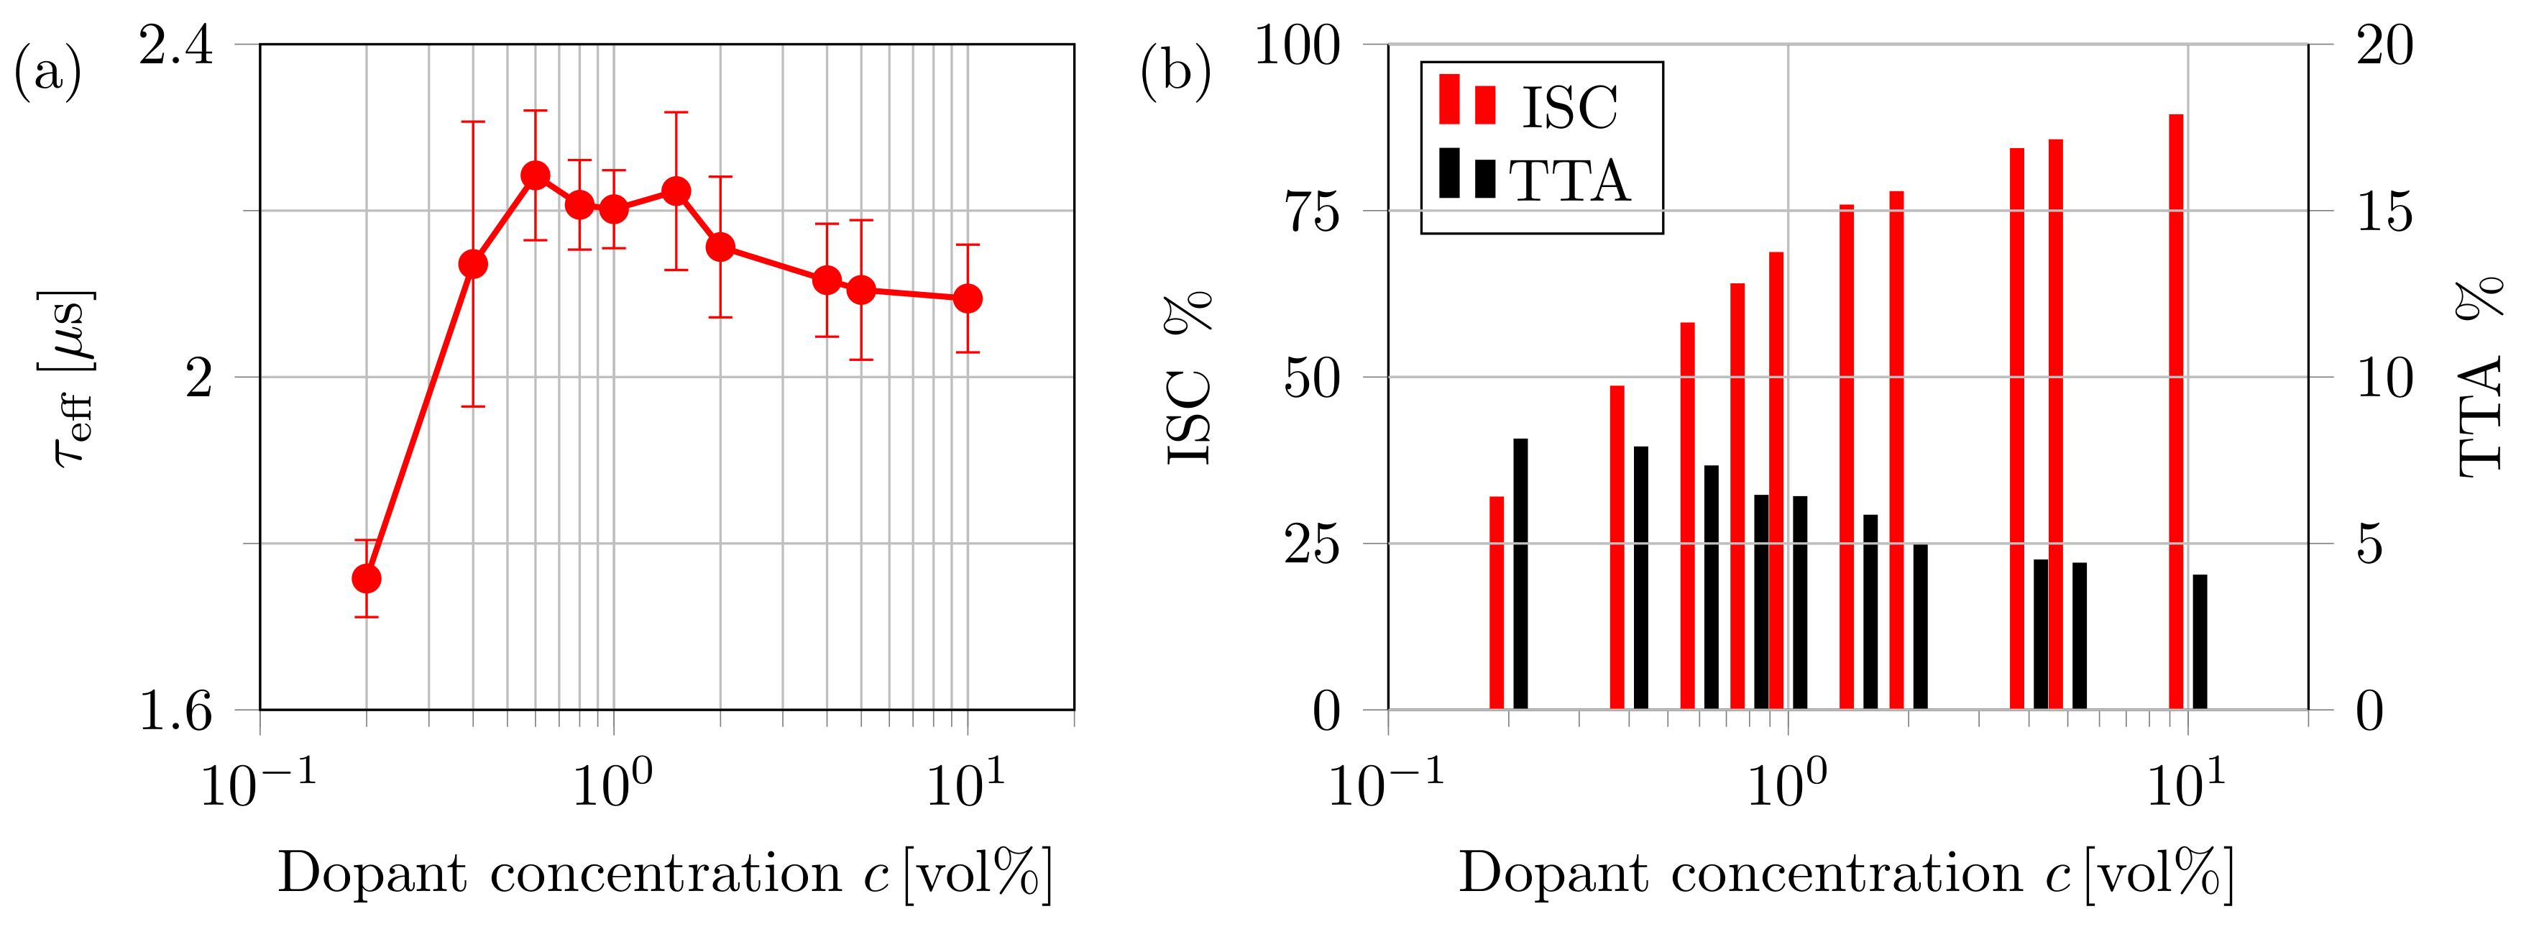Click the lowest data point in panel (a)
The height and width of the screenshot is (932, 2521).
[366, 579]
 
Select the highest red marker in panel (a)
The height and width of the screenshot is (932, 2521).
[534, 175]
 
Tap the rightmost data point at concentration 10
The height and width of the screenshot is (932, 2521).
[967, 298]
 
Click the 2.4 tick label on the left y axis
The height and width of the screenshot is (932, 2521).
[175, 46]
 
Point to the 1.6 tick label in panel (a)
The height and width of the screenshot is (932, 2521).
[175, 710]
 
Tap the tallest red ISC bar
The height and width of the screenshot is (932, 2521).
[2175, 411]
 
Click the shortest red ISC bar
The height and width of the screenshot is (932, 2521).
[1497, 602]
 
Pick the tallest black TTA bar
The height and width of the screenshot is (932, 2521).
[1520, 572]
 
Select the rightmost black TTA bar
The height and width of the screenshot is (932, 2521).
[2200, 641]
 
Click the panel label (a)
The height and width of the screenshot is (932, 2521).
[47, 71]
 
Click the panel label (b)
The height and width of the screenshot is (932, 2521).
[1175, 71]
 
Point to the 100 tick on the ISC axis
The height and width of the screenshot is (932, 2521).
[1298, 46]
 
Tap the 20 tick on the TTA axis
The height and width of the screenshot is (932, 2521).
[2384, 46]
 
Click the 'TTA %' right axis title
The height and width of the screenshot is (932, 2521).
[2481, 377]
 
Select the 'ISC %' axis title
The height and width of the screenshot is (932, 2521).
[1188, 377]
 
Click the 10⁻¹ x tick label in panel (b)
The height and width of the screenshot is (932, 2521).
[1385, 783]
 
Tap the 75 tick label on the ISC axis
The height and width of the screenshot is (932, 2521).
[1311, 211]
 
